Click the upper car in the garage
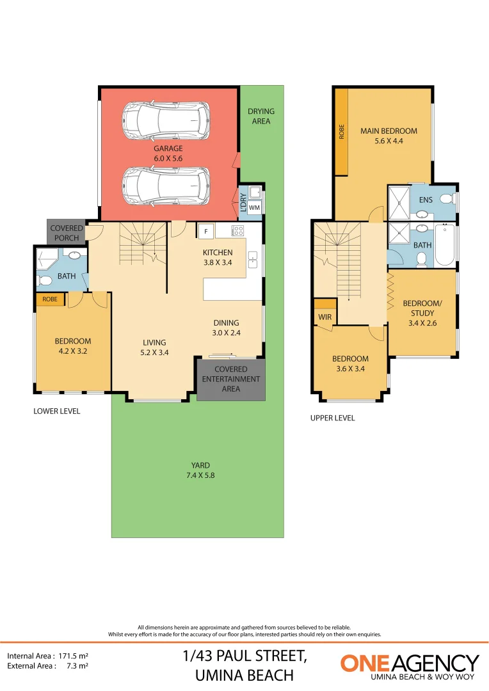pyautogui.click(x=166, y=121)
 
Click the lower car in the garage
pyautogui.click(x=166, y=185)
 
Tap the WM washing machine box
pyautogui.click(x=254, y=207)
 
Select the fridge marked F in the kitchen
pyautogui.click(x=206, y=231)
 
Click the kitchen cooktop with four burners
pyautogui.click(x=238, y=231)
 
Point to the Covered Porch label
pyautogui.click(x=67, y=233)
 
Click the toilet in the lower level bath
pyautogui.click(x=45, y=280)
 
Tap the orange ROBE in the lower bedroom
pyautogui.click(x=49, y=299)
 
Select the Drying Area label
pyautogui.click(x=261, y=116)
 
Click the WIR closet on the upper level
pyautogui.click(x=323, y=316)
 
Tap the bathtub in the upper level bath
pyautogui.click(x=445, y=245)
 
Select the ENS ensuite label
pyautogui.click(x=426, y=200)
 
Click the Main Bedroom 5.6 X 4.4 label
pyautogui.click(x=389, y=136)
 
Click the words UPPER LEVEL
pyautogui.click(x=332, y=418)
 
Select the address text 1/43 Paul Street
pyautogui.click(x=245, y=656)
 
